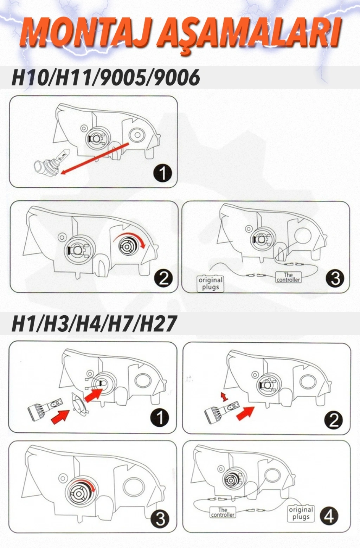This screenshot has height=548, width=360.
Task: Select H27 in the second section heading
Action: (158, 324)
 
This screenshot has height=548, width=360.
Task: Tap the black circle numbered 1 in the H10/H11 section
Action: (163, 173)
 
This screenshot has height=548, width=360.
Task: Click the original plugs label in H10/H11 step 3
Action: (210, 284)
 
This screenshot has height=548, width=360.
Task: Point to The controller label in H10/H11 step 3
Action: (288, 277)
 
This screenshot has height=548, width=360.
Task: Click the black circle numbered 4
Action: (329, 516)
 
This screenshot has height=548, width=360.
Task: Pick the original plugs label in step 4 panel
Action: (301, 513)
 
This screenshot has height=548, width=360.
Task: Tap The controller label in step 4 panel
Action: (223, 512)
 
